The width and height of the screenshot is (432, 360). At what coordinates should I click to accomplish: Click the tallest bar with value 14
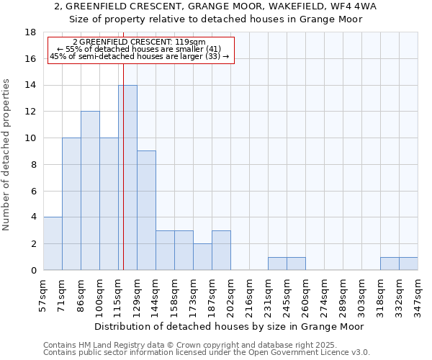127,177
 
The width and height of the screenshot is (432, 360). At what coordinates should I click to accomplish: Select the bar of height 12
90,191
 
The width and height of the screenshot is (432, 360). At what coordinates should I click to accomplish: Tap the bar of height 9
146,210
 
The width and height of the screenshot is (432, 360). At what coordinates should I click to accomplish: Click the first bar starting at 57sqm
53,243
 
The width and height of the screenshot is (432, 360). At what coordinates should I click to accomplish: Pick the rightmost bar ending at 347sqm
408,264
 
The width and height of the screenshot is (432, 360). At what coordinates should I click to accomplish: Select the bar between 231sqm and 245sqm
277,264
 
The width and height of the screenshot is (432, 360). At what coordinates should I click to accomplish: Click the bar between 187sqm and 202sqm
221,250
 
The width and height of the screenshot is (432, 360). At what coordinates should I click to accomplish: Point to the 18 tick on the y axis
30,32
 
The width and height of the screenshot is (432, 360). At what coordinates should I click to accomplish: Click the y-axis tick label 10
30,138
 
